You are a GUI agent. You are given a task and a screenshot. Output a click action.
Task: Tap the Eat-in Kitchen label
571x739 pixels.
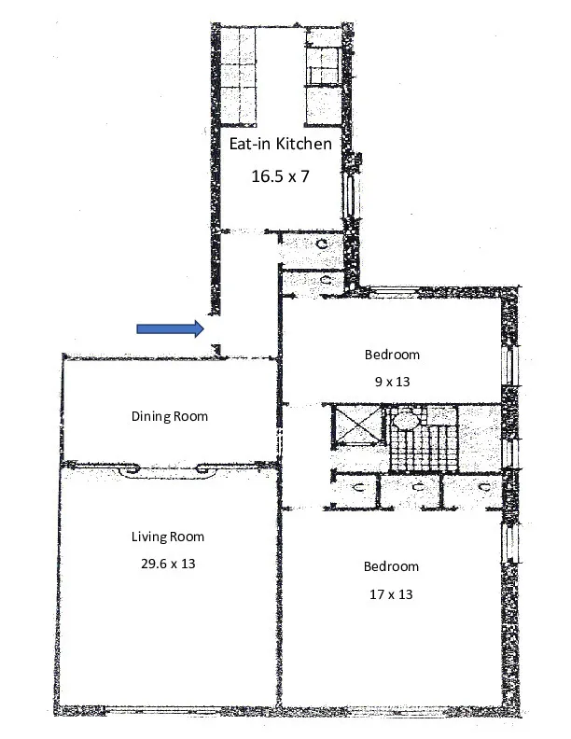(x=280, y=144)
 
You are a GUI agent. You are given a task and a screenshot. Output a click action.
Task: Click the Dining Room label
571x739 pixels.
(x=169, y=416)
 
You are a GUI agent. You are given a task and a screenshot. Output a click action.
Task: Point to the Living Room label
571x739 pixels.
(x=167, y=536)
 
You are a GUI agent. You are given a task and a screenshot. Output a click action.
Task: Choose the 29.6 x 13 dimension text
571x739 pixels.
(x=167, y=564)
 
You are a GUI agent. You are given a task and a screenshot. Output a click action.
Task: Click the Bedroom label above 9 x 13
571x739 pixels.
(x=392, y=355)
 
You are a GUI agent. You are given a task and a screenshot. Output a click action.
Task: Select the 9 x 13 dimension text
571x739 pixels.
(x=392, y=381)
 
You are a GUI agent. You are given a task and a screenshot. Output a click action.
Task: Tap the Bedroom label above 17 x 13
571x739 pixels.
(x=391, y=566)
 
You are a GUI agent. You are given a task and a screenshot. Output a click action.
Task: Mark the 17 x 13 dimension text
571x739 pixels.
(x=391, y=593)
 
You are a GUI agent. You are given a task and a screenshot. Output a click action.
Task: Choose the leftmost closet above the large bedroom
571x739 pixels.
(x=354, y=491)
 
